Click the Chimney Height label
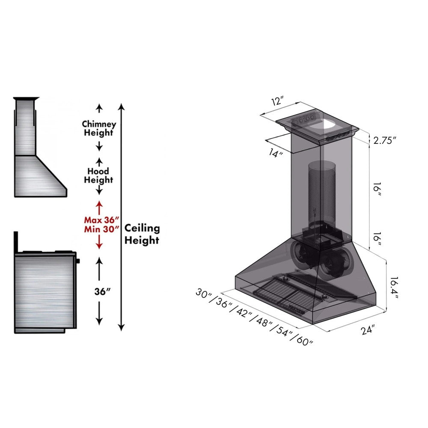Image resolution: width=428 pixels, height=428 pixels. point(99,128)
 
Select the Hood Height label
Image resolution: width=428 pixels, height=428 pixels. point(98,175)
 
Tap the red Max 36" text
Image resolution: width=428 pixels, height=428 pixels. point(98,220)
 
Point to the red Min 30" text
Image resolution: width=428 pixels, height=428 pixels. point(98,228)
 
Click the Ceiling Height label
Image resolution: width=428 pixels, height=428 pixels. point(142,235)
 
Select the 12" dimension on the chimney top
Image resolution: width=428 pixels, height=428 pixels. point(277,101)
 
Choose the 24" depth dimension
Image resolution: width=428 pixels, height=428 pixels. point(367,330)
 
